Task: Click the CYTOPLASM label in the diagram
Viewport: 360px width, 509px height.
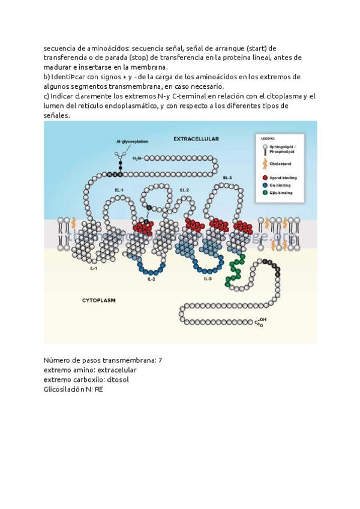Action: point(98,299)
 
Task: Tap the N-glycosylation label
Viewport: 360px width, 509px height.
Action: point(132,142)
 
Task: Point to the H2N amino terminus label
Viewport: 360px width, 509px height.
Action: point(137,158)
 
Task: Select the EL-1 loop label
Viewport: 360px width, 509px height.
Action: point(119,190)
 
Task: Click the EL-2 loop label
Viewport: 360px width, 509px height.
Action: point(184,190)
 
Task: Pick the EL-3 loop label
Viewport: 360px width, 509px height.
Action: point(227,178)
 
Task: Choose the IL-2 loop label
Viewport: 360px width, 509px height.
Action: point(152,280)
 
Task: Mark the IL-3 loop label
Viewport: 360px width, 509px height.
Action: point(207,279)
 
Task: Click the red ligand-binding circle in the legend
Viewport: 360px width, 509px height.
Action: point(265,178)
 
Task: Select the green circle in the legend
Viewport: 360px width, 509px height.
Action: point(265,193)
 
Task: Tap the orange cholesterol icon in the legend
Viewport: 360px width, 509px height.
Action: point(265,163)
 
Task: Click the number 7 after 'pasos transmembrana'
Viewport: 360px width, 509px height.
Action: point(160,360)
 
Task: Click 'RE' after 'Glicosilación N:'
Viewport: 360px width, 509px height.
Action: point(99,389)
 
